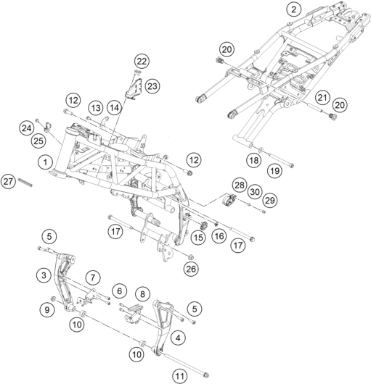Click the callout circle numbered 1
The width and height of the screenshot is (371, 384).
[46, 162]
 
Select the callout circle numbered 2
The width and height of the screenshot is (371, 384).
[293, 9]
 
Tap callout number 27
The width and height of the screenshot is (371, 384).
[8, 182]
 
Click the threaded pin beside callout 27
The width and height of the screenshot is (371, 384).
[25, 183]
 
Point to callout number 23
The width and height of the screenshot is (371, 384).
[152, 86]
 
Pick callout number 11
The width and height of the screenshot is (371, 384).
[180, 376]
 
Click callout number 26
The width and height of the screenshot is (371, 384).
[191, 269]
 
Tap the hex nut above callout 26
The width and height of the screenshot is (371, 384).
[190, 257]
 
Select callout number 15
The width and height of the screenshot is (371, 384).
[198, 238]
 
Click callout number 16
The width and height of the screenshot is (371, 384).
[219, 236]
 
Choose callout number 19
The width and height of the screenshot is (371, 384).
[275, 171]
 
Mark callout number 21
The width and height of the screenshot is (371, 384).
[322, 98]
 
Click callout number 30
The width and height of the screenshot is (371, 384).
[255, 192]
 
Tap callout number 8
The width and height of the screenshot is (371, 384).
[142, 294]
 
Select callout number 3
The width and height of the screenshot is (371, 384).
[44, 275]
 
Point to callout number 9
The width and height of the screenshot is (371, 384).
[47, 310]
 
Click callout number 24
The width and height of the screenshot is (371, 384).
[26, 128]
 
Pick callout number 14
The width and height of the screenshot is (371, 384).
[114, 107]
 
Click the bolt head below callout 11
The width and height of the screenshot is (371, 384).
[206, 375]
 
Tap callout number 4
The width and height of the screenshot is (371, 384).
[178, 338]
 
